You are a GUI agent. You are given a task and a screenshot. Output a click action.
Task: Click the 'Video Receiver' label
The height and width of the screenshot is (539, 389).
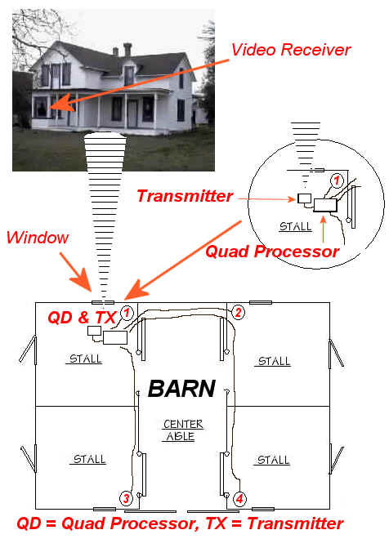[291, 50]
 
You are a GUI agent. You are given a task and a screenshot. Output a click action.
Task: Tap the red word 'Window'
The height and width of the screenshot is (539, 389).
[38, 238]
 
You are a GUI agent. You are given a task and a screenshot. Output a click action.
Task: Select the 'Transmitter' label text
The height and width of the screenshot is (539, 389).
[185, 196]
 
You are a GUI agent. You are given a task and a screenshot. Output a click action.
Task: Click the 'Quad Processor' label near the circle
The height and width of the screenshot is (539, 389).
[272, 252]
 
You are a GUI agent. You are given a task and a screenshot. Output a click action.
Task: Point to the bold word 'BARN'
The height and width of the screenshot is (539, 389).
[181, 389]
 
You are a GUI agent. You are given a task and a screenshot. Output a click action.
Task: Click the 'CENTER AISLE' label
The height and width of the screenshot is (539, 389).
[183, 430]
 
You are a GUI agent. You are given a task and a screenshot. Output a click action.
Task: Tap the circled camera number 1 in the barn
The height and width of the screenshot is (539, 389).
[127, 313]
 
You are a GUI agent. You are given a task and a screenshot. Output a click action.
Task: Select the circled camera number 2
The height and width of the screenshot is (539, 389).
[238, 313]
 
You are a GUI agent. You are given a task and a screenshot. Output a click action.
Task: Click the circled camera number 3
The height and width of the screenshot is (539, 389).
[126, 498]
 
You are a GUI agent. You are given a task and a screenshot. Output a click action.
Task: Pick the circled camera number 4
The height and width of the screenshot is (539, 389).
[239, 499]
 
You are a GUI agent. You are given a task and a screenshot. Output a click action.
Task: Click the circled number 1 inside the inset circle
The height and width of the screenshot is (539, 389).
[337, 180]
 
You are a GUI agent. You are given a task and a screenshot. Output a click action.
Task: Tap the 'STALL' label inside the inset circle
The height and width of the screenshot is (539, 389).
[296, 227]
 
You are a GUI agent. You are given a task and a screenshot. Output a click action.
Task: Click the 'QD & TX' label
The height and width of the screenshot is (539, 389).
[82, 318]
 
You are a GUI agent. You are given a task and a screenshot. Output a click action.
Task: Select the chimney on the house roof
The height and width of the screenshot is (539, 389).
[127, 50]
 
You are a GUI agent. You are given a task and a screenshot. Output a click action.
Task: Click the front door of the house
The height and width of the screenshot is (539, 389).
[132, 113]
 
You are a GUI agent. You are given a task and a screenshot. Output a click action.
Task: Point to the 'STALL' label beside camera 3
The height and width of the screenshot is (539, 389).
[89, 460]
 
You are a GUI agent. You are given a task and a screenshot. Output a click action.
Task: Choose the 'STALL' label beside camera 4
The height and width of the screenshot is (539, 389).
[274, 461]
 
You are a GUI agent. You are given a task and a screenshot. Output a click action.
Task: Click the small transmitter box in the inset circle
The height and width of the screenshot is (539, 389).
[304, 198]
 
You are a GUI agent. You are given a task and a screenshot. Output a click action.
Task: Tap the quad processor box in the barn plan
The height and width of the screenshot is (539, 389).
[115, 337]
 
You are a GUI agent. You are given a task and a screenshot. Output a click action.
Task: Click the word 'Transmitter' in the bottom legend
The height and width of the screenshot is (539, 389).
[295, 523]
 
